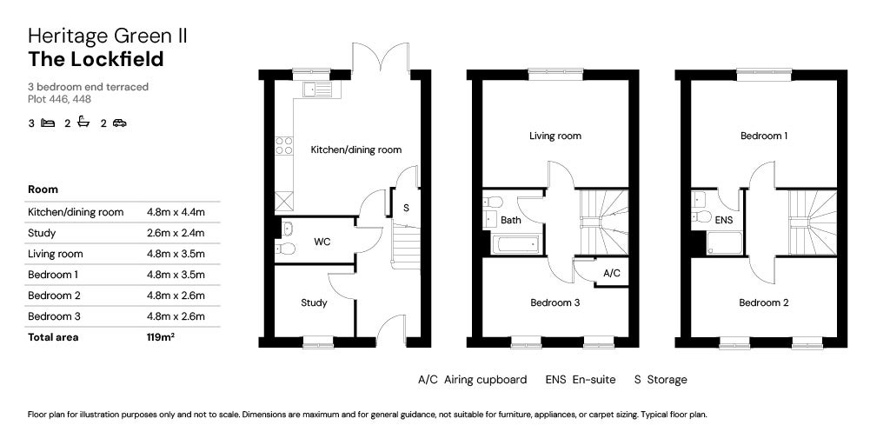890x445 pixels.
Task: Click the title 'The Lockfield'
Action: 96,59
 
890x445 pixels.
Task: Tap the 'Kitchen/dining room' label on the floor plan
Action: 356,149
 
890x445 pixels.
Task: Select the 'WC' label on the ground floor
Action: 321,241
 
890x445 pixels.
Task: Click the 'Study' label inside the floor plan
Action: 314,303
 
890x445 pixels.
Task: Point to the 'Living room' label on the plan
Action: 555,136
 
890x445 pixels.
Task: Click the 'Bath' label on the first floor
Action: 510,220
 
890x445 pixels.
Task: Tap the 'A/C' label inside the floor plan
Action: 611,273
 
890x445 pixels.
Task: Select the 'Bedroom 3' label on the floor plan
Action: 555,303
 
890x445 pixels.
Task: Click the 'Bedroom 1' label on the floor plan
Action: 764,136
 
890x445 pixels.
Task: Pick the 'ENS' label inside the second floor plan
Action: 724,220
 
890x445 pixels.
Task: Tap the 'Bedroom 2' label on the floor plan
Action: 764,303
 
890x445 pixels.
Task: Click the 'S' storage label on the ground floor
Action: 406,208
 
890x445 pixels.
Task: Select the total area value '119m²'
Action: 161,337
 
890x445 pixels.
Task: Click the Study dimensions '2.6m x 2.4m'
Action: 176,233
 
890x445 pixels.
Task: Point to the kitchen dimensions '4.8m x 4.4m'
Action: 176,212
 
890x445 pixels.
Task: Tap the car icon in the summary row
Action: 119,123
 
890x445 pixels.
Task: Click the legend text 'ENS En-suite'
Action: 580,380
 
